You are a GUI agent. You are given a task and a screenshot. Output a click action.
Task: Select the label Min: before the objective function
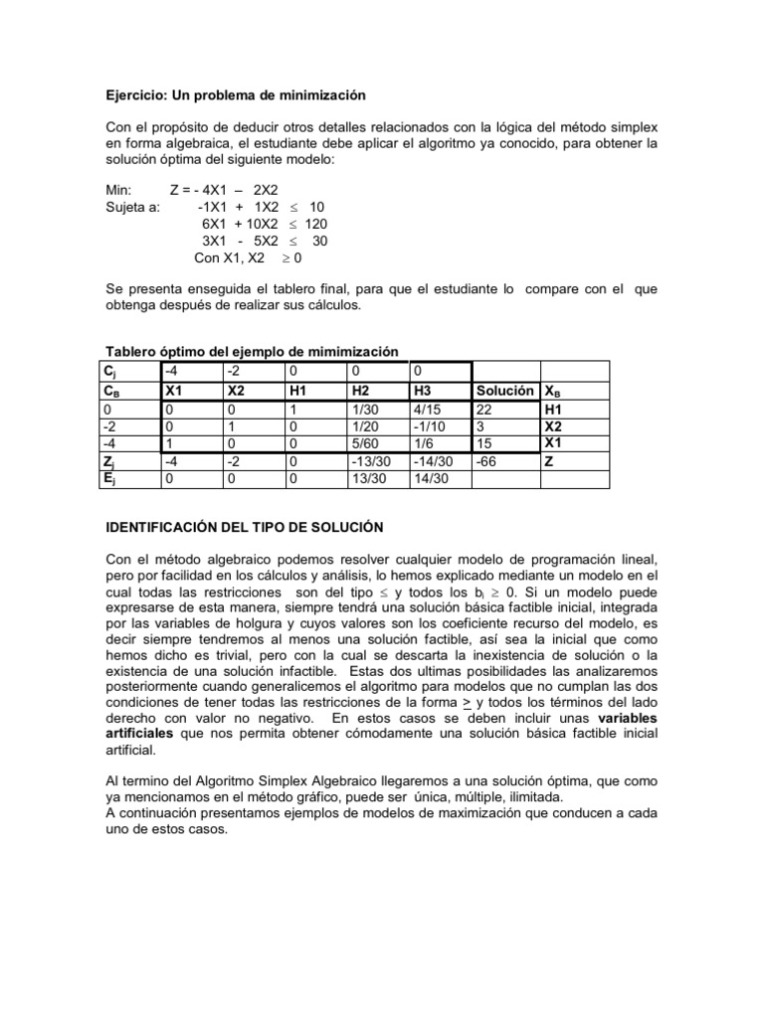tap(120, 190)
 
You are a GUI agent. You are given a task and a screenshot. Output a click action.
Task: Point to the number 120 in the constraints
tap(315, 224)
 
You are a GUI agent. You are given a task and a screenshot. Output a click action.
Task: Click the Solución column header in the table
tap(505, 391)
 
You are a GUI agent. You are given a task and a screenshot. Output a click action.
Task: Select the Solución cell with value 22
tap(485, 409)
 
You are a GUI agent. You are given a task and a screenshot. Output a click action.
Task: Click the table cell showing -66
tap(488, 462)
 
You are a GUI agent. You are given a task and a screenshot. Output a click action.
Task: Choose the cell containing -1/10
tap(431, 426)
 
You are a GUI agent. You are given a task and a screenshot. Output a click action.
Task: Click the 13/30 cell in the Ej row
tap(367, 479)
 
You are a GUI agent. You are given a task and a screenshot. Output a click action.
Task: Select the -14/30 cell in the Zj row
tap(433, 462)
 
